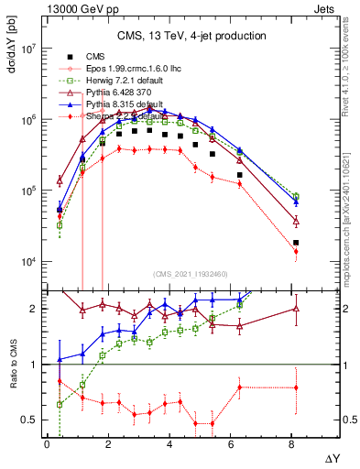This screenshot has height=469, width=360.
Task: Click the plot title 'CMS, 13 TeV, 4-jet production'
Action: (x=191, y=36)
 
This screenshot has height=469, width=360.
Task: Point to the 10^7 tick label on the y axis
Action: (x=27, y=49)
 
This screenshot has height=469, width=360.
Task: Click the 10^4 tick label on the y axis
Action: (x=27, y=262)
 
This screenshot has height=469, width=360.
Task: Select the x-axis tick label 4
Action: (x=169, y=443)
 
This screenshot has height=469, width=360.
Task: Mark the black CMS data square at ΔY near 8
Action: (x=296, y=243)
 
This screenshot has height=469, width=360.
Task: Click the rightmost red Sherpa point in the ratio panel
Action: (x=296, y=387)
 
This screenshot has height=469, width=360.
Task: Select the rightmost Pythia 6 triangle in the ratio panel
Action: (x=296, y=308)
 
